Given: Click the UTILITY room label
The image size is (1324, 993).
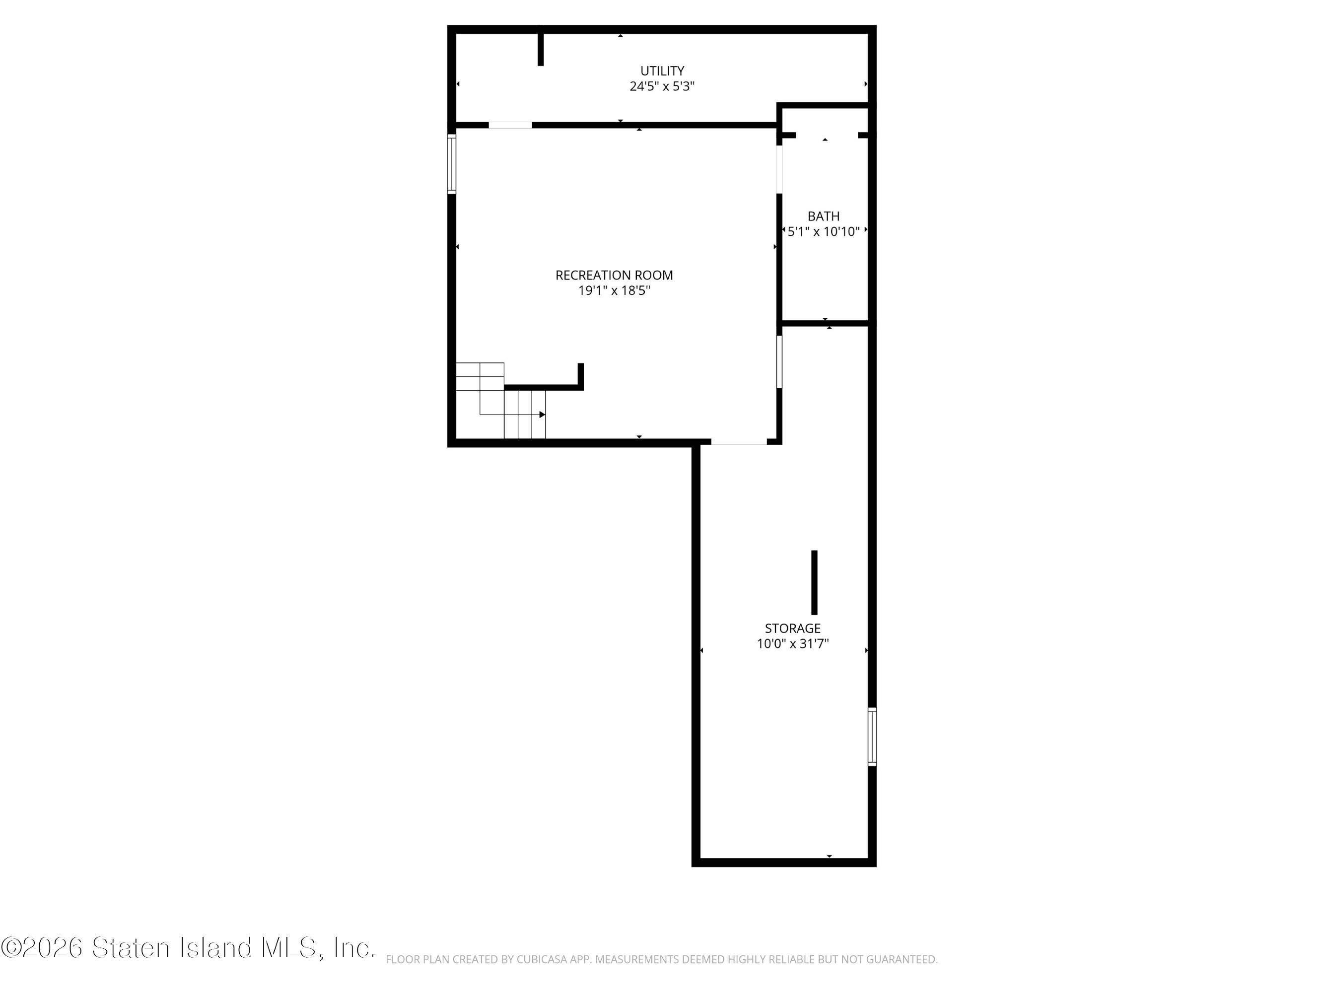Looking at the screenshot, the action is click(x=662, y=71).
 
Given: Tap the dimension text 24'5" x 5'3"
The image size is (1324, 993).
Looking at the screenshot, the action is click(x=662, y=86).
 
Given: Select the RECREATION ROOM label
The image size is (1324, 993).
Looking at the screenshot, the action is click(x=614, y=276).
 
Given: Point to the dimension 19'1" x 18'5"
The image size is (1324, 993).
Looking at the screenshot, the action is click(x=614, y=291).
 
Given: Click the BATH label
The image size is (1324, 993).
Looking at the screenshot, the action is click(x=824, y=216).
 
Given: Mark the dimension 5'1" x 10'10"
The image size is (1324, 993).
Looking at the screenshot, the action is click(x=824, y=232).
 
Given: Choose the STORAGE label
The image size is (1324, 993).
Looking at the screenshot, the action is click(x=792, y=629).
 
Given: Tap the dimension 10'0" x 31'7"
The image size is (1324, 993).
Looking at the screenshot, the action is click(x=792, y=644).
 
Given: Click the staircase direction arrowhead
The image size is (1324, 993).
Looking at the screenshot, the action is click(x=542, y=415).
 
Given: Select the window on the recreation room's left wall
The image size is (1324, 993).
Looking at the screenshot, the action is click(x=452, y=164).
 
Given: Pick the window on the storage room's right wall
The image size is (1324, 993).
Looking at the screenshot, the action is click(x=872, y=737).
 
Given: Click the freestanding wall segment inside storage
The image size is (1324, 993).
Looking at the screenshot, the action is click(x=814, y=582).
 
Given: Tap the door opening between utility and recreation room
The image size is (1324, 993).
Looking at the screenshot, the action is click(x=510, y=125).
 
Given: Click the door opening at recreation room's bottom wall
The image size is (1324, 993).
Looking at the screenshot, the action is click(x=739, y=442).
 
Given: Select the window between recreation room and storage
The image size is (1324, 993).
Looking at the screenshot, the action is click(x=779, y=361).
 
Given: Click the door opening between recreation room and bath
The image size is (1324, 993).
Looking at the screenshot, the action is click(x=779, y=169).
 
